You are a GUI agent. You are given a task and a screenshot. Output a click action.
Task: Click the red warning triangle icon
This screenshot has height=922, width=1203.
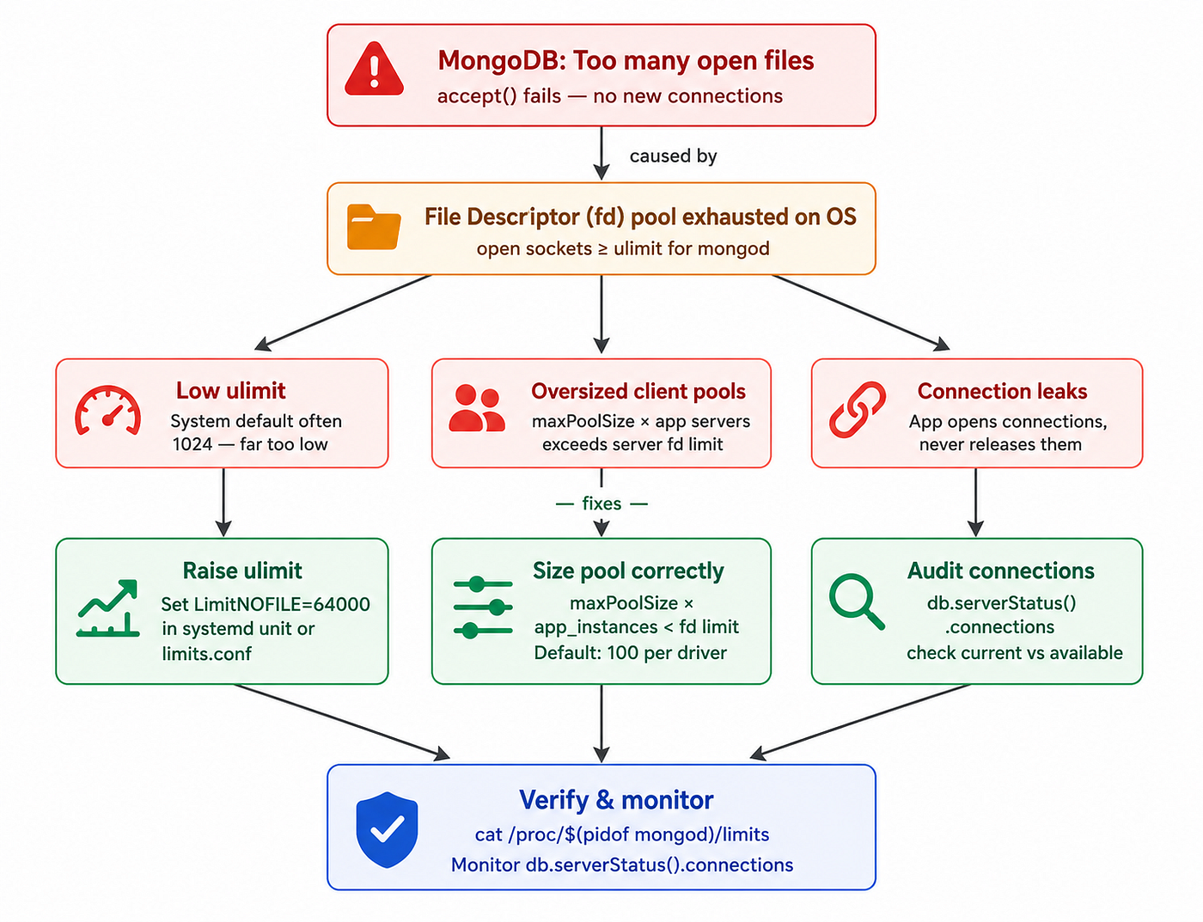374,69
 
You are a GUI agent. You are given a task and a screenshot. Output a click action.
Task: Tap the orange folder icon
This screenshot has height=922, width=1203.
374,227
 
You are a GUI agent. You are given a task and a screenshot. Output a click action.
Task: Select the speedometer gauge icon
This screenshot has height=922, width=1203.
108,411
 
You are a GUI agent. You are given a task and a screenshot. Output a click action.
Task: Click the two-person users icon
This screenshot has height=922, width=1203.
477,408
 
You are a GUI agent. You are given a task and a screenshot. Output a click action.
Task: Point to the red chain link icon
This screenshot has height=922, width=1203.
857,410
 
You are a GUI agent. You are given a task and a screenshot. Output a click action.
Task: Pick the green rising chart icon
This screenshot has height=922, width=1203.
108,608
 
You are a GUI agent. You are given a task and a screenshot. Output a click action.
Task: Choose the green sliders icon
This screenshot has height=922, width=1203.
483,608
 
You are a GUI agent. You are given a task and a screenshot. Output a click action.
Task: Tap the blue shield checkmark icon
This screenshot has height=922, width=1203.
387,829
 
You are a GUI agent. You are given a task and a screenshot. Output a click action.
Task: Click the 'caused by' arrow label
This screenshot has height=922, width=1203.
673,156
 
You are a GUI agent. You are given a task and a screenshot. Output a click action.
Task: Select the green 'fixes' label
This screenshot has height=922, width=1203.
601,504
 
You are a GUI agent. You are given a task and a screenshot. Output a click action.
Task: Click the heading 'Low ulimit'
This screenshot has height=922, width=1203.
231,391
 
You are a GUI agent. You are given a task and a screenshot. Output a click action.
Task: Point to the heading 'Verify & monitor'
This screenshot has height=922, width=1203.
616,800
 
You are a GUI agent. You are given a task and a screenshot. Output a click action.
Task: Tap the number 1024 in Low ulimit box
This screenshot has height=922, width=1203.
192,444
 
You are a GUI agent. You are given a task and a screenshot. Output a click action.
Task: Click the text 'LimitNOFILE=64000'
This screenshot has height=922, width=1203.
282,604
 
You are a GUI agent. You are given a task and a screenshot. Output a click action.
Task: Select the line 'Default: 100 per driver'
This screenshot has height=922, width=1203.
630,653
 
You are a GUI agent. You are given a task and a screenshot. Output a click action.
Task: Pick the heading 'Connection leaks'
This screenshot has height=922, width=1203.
1002,391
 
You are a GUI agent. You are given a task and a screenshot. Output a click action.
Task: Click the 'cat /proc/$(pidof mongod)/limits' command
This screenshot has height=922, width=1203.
622,834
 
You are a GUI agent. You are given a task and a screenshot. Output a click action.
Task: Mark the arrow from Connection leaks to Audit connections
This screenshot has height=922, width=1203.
975,503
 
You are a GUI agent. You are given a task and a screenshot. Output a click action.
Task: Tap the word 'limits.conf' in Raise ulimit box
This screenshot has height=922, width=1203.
206,654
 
